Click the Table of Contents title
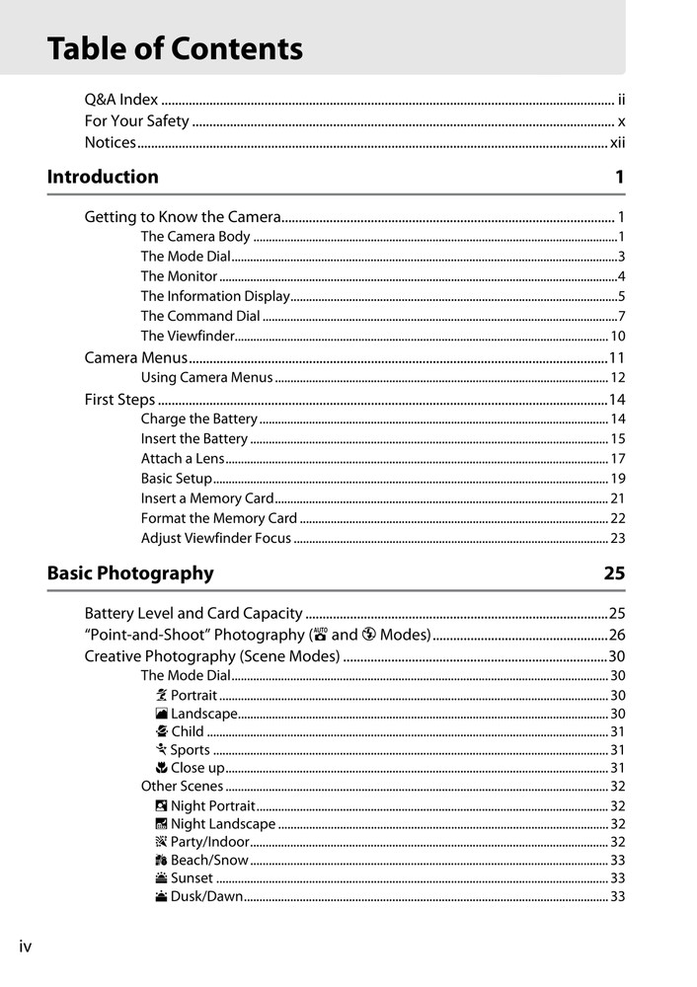(x=175, y=48)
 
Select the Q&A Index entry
(x=120, y=100)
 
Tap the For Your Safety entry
(x=136, y=121)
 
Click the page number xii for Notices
(x=617, y=143)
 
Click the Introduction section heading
(x=103, y=178)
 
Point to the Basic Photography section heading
(x=130, y=573)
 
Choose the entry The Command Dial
(x=200, y=317)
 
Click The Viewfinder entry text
(x=188, y=337)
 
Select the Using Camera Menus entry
(x=206, y=378)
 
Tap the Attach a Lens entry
(x=183, y=459)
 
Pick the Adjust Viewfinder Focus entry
(x=216, y=539)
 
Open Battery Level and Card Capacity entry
(x=194, y=614)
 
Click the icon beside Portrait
(x=162, y=696)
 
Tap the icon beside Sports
(x=162, y=750)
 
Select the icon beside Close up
(x=162, y=768)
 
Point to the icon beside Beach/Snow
(x=162, y=861)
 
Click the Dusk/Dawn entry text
(x=206, y=897)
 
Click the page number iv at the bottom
(x=26, y=948)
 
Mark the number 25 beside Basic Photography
(x=614, y=573)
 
